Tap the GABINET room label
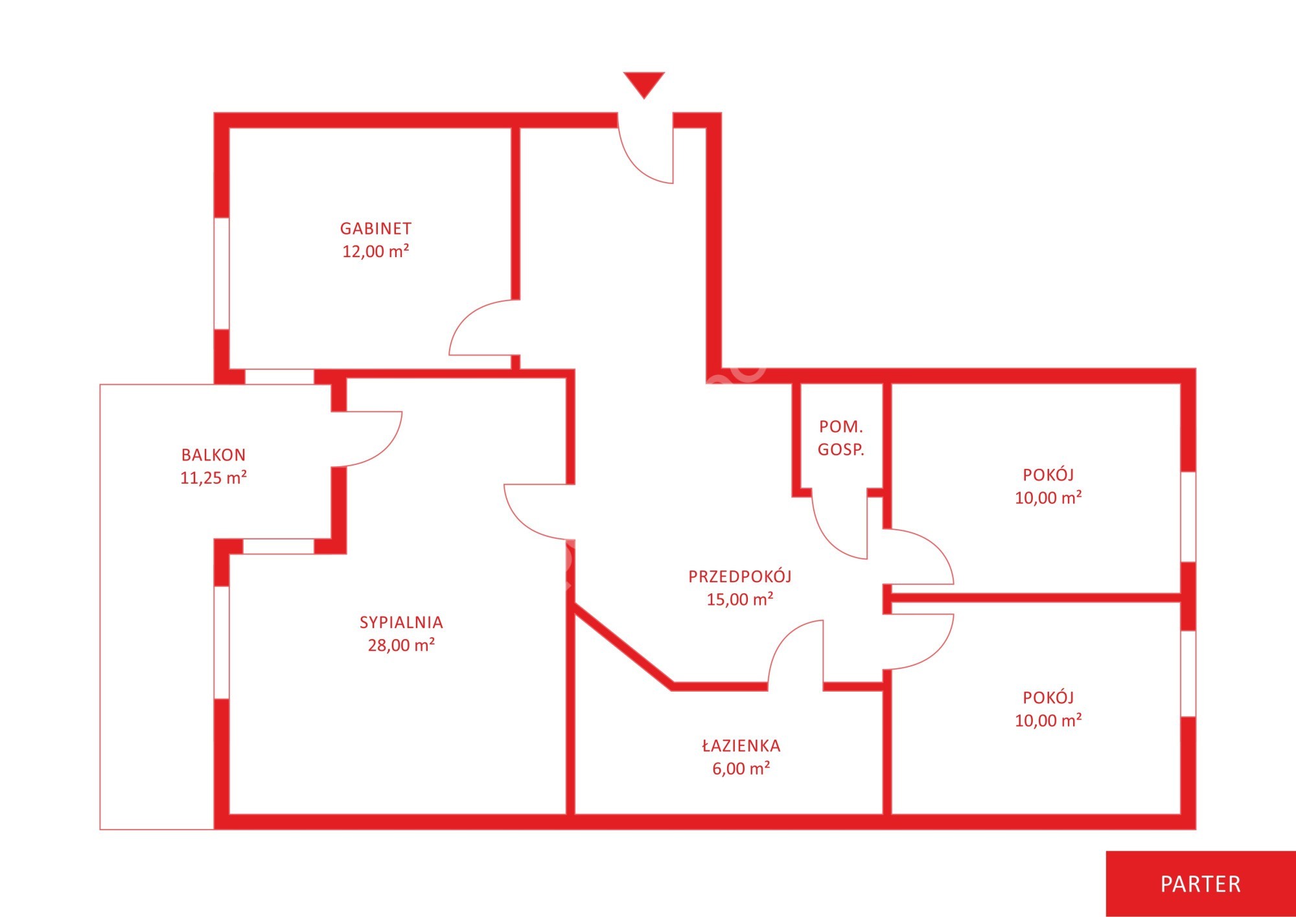pyautogui.click(x=376, y=229)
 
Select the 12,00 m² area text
pyautogui.click(x=376, y=251)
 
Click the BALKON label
pyautogui.click(x=213, y=455)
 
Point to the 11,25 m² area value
pyautogui.click(x=213, y=478)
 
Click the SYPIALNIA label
pyautogui.click(x=401, y=622)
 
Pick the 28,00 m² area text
pyautogui.click(x=401, y=645)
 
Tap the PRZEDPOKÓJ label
pyautogui.click(x=740, y=576)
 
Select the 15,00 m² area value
pyautogui.click(x=740, y=599)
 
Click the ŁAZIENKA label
pyautogui.click(x=741, y=745)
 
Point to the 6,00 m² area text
pyautogui.click(x=741, y=769)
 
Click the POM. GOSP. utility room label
pyautogui.click(x=841, y=438)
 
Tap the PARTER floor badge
pyautogui.click(x=1201, y=884)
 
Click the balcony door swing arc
pyautogui.click(x=367, y=438)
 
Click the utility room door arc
pyautogui.click(x=840, y=525)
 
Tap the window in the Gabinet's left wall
pyautogui.click(x=222, y=273)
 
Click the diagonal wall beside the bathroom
pyautogui.click(x=623, y=645)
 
